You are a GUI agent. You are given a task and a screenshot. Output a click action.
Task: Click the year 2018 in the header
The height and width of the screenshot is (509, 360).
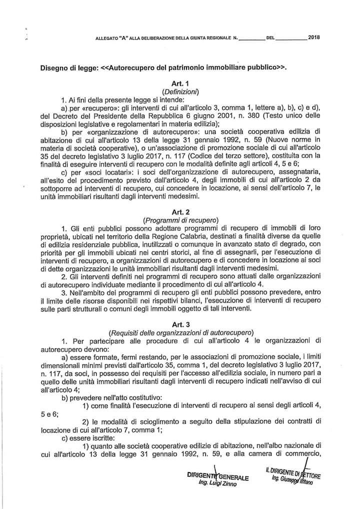point(315,37)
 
